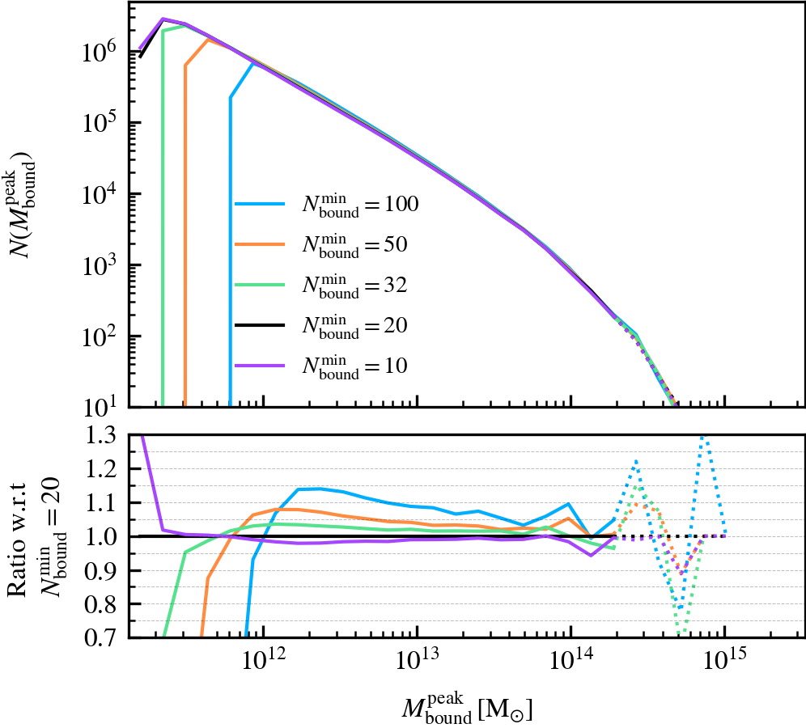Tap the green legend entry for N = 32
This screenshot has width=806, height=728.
coord(260,285)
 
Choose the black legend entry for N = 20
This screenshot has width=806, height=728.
coord(260,325)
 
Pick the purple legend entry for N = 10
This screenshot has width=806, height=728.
coord(260,366)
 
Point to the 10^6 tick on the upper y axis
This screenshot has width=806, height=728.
coord(100,53)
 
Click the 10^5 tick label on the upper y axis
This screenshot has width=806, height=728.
coord(100,124)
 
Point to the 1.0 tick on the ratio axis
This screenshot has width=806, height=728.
coord(104,536)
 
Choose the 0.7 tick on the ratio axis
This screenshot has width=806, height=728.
coord(104,637)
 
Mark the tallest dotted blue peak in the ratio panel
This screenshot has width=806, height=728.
coord(702,438)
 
